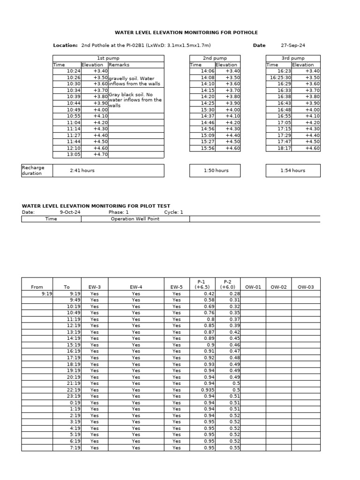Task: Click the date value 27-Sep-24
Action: tap(292, 45)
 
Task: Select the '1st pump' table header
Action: tap(108, 58)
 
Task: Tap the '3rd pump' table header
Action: tap(292, 58)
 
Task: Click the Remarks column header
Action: tap(119, 65)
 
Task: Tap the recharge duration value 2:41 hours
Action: tap(82, 171)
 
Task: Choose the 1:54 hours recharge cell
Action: tap(292, 171)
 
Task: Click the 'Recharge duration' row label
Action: tap(32, 171)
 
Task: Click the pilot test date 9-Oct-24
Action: tap(68, 212)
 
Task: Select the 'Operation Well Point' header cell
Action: tap(135, 219)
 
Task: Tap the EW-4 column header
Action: tap(135, 287)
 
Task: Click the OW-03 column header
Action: tap(306, 287)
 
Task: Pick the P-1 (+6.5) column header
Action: tap(202, 284)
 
